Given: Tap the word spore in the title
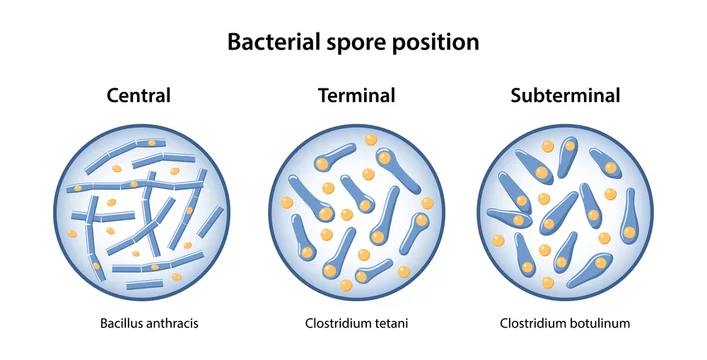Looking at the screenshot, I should tap(369, 43).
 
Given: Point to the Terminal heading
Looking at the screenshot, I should tap(356, 96).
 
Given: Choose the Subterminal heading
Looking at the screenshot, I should tap(565, 96).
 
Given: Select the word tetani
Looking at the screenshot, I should tap(390, 323).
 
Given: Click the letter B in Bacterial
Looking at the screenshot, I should tap(235, 42).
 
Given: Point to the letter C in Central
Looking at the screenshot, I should tap(112, 96).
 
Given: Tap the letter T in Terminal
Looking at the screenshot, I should tap(324, 96).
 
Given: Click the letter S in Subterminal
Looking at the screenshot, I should tap(516, 96).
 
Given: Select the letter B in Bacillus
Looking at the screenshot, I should tap(103, 323).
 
